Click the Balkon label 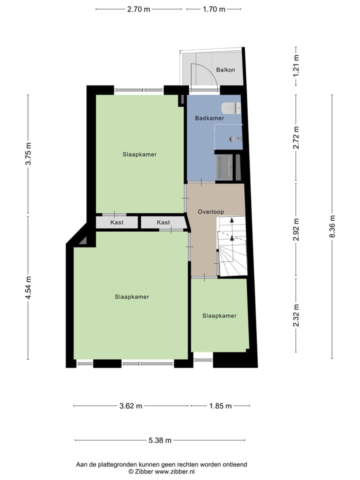pyautogui.click(x=225, y=70)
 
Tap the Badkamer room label pyautogui.click(x=209, y=118)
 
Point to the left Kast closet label pyautogui.click(x=117, y=222)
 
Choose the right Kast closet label pyautogui.click(x=163, y=222)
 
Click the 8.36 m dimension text pyautogui.click(x=332, y=226)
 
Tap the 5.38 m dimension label pyautogui.click(x=160, y=440)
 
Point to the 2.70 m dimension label pyautogui.click(x=138, y=9)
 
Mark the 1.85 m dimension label pyautogui.click(x=220, y=406)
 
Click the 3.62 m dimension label pyautogui.click(x=131, y=406)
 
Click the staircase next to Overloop pyautogui.click(x=232, y=246)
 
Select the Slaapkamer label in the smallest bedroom pyautogui.click(x=219, y=316)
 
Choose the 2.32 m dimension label pyautogui.click(x=296, y=315)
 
